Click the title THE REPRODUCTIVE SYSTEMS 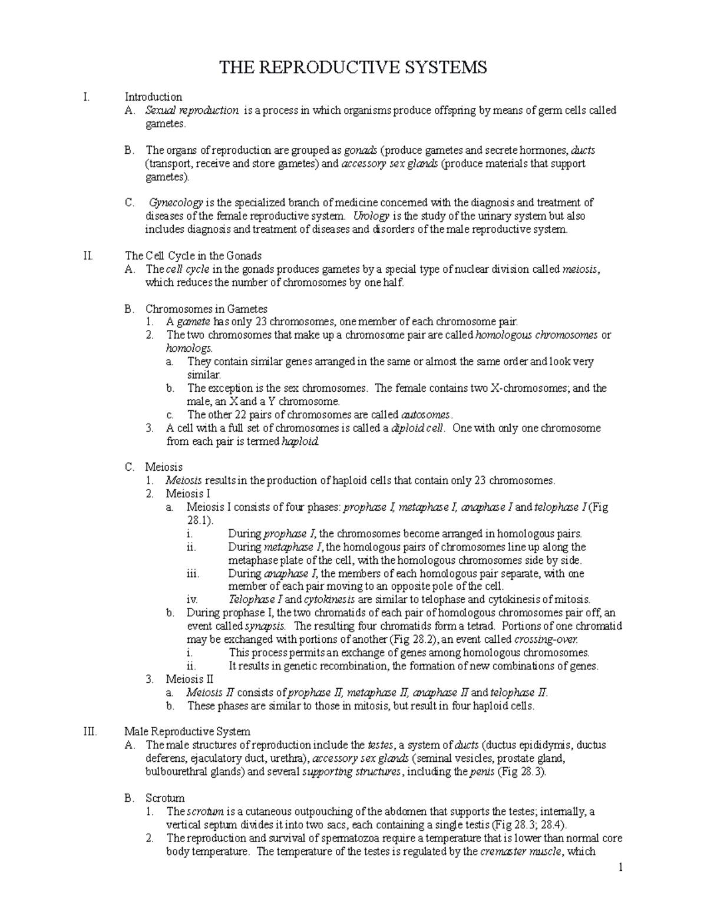[x=353, y=68]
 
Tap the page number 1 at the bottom [x=620, y=868]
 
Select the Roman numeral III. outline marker [x=92, y=732]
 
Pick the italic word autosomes [x=425, y=415]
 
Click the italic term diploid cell [x=418, y=428]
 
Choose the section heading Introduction [x=153, y=97]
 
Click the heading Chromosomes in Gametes [x=206, y=309]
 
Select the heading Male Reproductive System [x=187, y=732]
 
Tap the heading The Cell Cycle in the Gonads [x=193, y=256]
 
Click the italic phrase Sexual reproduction [x=192, y=110]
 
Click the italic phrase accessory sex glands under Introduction [x=389, y=164]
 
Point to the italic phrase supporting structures [x=351, y=772]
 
